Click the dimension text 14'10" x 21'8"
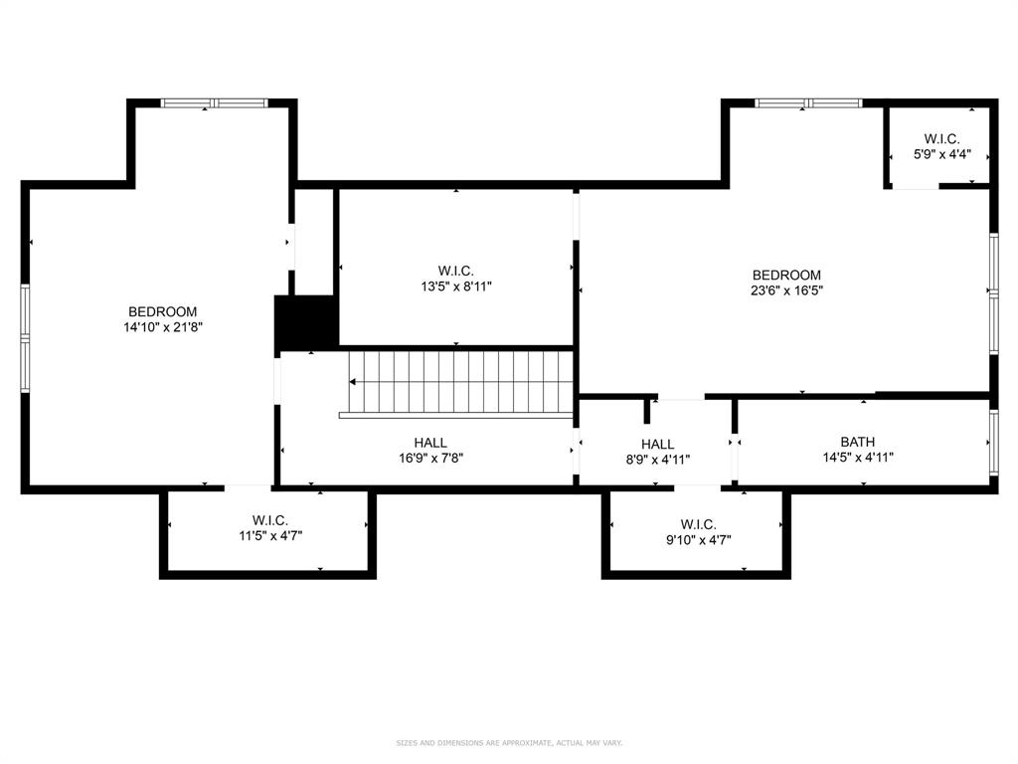162,326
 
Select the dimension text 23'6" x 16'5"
786,290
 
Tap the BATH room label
858,442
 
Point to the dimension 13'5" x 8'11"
455,286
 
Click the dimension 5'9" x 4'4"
941,155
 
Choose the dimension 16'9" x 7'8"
430,459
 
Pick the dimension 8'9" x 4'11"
657,460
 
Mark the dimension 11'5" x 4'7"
269,535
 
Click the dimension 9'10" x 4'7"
698,539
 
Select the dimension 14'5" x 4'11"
858,458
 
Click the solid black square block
306,322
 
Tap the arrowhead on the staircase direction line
353,381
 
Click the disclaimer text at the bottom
509,743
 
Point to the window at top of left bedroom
215,102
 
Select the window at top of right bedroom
807,102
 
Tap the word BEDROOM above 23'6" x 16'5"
786,276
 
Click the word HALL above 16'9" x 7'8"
430,443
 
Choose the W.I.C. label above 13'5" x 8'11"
455,271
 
